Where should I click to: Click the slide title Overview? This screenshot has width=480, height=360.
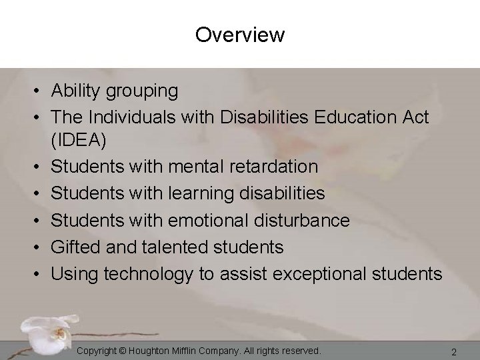tap(240, 35)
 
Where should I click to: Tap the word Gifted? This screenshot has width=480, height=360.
tap(73, 247)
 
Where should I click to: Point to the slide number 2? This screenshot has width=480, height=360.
tap(453, 351)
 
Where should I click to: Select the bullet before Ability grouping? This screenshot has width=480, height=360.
tap(41, 90)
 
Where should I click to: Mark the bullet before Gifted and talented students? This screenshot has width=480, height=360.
tap(41, 247)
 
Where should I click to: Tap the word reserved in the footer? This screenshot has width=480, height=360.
tap(299, 350)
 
